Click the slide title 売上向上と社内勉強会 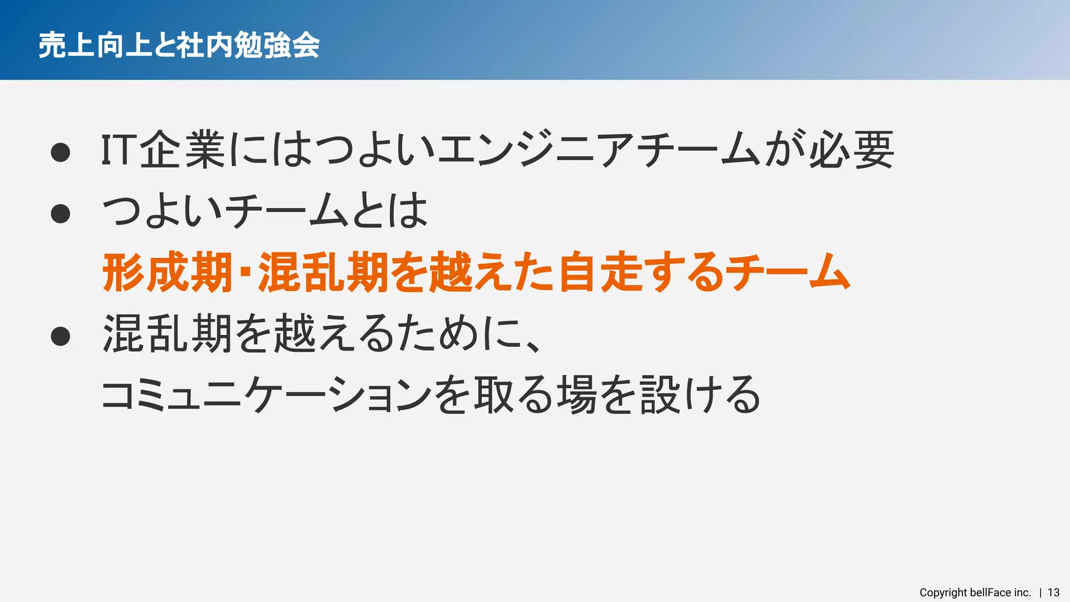(179, 45)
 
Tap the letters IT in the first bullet (118, 150)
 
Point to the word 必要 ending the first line (852, 150)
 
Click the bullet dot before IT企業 (61, 152)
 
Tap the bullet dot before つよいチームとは (61, 213)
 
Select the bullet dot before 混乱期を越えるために (61, 336)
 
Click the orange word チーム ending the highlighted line (789, 272)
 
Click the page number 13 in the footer (1053, 593)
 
